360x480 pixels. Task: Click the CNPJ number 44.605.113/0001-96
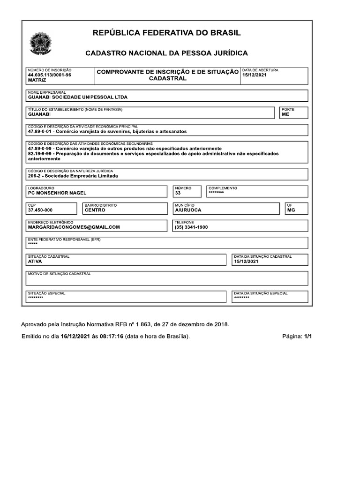50,75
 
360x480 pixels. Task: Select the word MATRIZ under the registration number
37,81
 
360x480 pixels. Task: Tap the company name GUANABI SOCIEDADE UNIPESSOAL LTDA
78,97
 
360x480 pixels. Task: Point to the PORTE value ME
285,114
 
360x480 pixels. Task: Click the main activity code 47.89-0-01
41,131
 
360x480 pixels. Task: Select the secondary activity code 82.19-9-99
41,153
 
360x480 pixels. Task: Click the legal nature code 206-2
36,176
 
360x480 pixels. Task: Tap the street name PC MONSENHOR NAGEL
57,193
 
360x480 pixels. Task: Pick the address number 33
178,193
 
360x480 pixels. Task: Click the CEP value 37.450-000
40,210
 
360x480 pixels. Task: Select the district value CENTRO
95,210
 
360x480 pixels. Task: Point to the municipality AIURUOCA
188,210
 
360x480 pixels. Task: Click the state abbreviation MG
291,210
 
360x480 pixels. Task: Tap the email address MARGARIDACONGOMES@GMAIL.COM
74,227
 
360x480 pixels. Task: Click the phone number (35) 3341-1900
191,227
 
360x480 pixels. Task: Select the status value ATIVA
35,262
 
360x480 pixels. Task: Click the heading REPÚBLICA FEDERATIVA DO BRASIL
167,33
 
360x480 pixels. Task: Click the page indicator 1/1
308,337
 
